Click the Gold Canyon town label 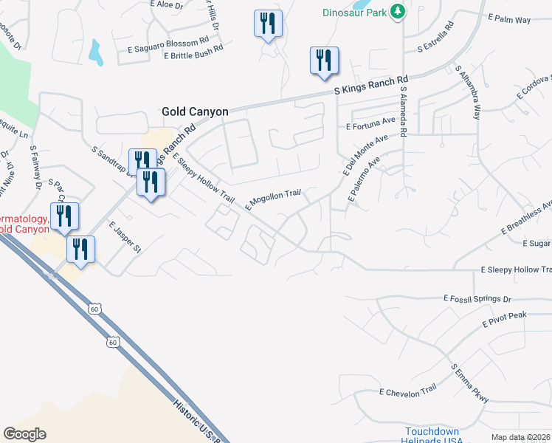[195, 111]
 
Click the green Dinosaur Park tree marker [398, 11]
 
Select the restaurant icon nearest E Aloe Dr [267, 24]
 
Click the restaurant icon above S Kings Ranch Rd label [323, 61]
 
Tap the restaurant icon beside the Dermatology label [63, 216]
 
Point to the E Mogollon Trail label [273, 198]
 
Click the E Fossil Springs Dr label [477, 299]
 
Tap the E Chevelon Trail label [408, 393]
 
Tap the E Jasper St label [124, 238]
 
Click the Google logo [24, 434]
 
